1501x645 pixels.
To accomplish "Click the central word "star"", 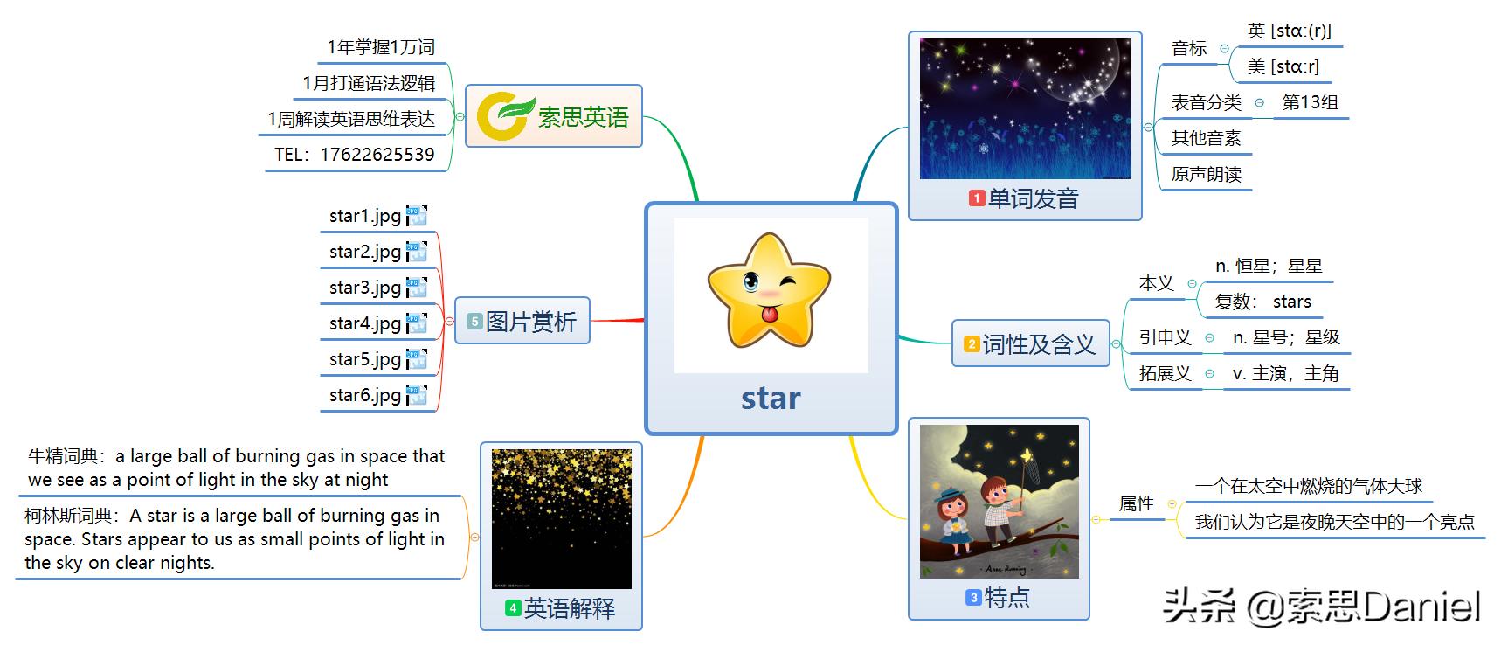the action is tap(771, 398).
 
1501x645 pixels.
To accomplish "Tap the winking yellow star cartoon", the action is tap(769, 290).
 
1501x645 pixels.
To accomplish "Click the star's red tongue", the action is tap(769, 313).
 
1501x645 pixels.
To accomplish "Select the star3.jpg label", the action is tap(365, 288).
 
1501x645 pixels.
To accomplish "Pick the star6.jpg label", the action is tap(365, 395).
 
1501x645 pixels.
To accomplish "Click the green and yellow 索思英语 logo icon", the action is tap(505, 116).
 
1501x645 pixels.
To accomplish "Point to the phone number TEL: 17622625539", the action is tap(355, 155).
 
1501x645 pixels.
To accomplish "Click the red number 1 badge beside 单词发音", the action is tap(977, 198).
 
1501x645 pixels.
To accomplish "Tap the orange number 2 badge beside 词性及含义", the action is tap(972, 344).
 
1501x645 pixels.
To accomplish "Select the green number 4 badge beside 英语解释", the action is tap(514, 607).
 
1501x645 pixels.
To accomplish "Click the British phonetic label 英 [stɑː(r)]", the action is tap(1290, 31).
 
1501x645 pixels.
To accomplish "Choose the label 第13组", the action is tap(1310, 102).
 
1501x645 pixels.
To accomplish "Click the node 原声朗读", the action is tap(1206, 174).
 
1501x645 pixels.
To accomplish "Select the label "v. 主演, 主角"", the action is tap(1285, 373).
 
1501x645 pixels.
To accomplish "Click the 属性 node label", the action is tap(1137, 503).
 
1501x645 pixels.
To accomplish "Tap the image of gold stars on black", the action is tap(562, 519).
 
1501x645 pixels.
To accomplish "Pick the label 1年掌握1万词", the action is tap(381, 47).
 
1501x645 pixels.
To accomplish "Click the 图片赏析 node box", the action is tap(522, 321).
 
